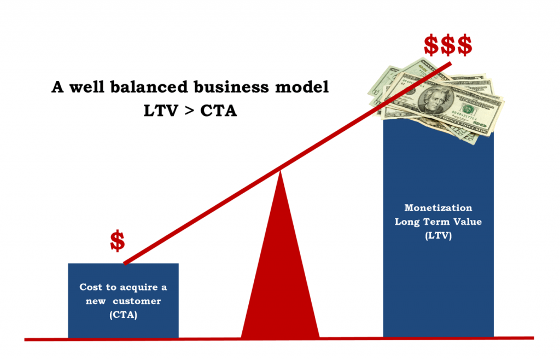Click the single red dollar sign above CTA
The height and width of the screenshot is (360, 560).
coord(117,241)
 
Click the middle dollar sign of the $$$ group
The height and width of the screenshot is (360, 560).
coord(448,45)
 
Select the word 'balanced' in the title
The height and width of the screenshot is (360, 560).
coord(149,87)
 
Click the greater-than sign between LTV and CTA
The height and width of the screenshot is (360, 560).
coord(189,111)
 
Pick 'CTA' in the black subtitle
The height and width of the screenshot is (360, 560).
coord(218,111)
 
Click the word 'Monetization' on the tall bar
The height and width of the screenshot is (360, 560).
coord(438,208)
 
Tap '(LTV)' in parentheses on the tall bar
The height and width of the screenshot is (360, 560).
coord(438,236)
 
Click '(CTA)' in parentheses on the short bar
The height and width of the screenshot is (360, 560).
coord(123,315)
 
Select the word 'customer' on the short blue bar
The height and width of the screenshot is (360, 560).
coord(137,301)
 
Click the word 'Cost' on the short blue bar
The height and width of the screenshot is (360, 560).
coord(91,287)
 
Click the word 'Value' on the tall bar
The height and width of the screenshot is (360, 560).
coord(468,222)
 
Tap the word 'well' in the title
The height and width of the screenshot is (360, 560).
coord(87,87)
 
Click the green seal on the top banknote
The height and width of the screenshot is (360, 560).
coord(467,108)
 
